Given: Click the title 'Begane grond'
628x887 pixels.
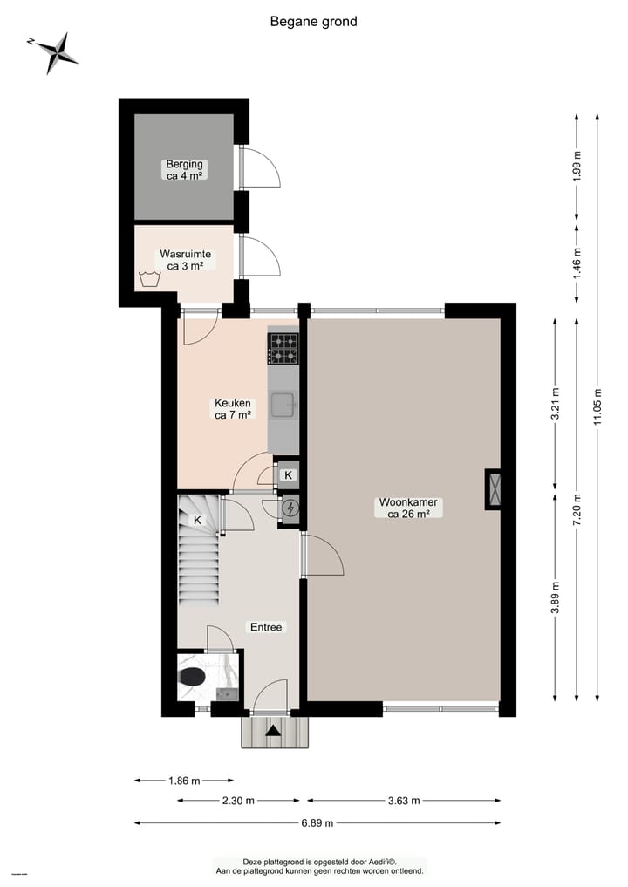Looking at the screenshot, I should pyautogui.click(x=313, y=22).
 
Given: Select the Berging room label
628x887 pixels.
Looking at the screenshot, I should pyautogui.click(x=184, y=169).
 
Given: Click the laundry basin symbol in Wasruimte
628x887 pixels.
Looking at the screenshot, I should pyautogui.click(x=147, y=280).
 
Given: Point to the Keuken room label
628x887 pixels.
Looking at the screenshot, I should pyautogui.click(x=233, y=409).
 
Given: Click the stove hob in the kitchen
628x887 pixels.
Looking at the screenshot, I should pyautogui.click(x=283, y=348).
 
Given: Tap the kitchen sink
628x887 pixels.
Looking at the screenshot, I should pyautogui.click(x=283, y=406).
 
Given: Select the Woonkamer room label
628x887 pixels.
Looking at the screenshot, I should pyautogui.click(x=407, y=508).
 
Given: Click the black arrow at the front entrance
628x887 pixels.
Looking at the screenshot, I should pyautogui.click(x=274, y=732).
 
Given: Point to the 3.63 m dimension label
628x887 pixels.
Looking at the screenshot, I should pyautogui.click(x=404, y=800).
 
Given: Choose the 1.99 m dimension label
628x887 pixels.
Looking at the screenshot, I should pyautogui.click(x=577, y=167).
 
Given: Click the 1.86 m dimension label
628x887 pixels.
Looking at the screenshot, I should pyautogui.click(x=184, y=781).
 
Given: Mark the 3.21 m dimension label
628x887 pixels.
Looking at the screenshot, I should pyautogui.click(x=555, y=406).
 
